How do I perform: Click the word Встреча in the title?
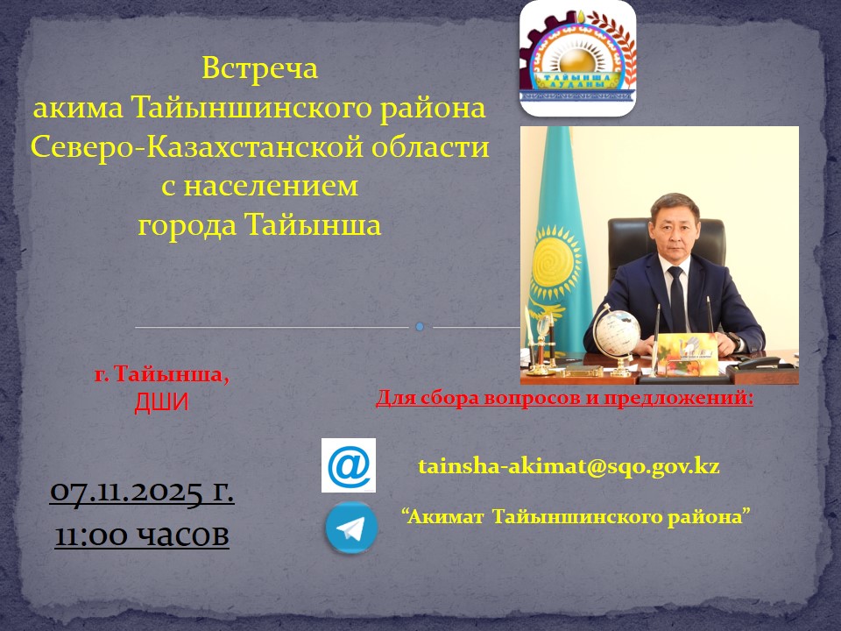259,67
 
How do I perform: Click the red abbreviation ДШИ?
161,402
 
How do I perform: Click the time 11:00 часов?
142,534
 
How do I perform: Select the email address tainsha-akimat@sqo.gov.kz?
569,465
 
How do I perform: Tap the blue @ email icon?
349,465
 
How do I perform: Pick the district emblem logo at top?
578,59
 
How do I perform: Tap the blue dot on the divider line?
420,327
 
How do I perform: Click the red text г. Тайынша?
161,376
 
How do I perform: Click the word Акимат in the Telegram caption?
446,516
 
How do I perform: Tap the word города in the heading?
187,225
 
